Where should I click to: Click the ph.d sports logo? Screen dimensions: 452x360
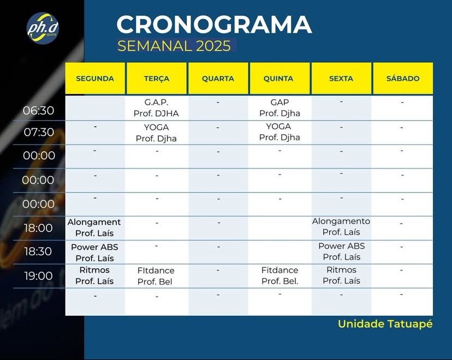pos(43,28)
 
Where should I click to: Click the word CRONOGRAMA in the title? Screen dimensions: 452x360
pos(214,25)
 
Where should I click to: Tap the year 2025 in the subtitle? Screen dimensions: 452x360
pos(213,46)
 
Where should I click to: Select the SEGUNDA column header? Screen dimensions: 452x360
pos(95,79)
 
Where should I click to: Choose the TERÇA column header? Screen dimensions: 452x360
pos(157,79)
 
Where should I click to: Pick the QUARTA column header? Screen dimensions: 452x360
pos(218,79)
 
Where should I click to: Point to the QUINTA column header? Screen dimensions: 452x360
pos(278,79)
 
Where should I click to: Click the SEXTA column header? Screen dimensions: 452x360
pos(341,79)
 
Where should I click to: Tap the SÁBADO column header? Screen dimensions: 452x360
pos(403,79)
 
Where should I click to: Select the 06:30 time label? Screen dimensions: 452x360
pos(38,111)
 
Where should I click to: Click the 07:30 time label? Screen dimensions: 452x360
pos(39,132)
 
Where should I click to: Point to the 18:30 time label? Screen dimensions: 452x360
pos(38,251)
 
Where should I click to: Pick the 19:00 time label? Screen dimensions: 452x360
pos(38,276)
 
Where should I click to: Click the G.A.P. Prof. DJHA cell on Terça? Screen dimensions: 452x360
pos(156,107)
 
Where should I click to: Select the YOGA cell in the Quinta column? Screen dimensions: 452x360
pos(279,132)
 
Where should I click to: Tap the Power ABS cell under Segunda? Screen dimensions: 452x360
pos(94,253)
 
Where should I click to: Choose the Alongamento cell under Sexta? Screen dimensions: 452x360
pos(341,226)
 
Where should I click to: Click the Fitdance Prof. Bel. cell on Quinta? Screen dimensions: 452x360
pos(279,275)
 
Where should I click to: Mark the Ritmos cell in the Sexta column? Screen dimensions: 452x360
pos(341,275)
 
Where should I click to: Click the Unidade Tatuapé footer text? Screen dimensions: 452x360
pos(385,324)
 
